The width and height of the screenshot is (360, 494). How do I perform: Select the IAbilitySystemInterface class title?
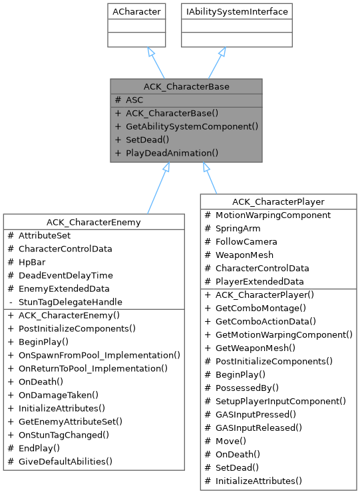[237, 11]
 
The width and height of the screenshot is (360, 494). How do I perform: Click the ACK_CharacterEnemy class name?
[94, 221]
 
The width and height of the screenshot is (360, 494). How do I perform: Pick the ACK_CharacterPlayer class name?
[277, 201]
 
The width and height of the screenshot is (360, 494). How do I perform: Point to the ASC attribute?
[134, 100]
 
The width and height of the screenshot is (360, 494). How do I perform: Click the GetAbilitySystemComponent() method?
[192, 126]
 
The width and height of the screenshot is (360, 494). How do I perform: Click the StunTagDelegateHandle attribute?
[70, 302]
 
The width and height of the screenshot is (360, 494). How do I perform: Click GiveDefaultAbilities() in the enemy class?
[65, 461]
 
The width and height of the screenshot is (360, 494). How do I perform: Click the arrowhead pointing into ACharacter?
[150, 52]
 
